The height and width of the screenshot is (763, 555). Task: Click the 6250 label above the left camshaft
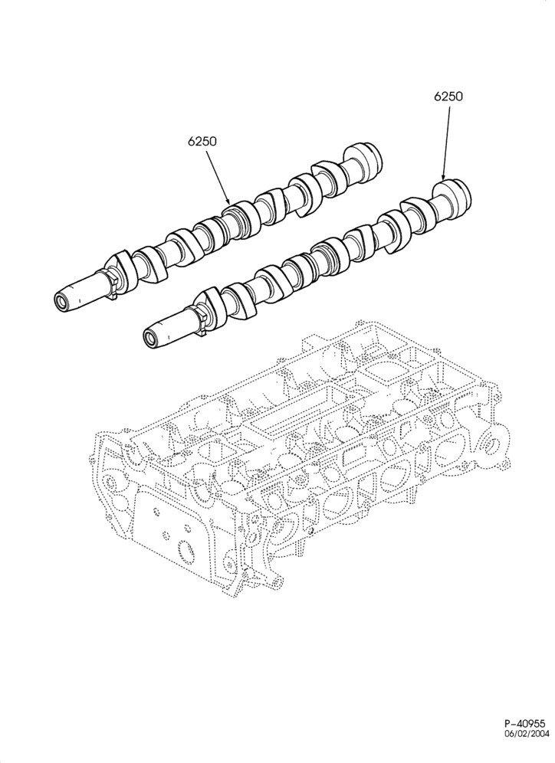point(202,141)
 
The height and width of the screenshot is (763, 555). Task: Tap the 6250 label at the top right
point(448,97)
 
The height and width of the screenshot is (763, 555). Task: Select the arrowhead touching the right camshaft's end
point(443,175)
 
